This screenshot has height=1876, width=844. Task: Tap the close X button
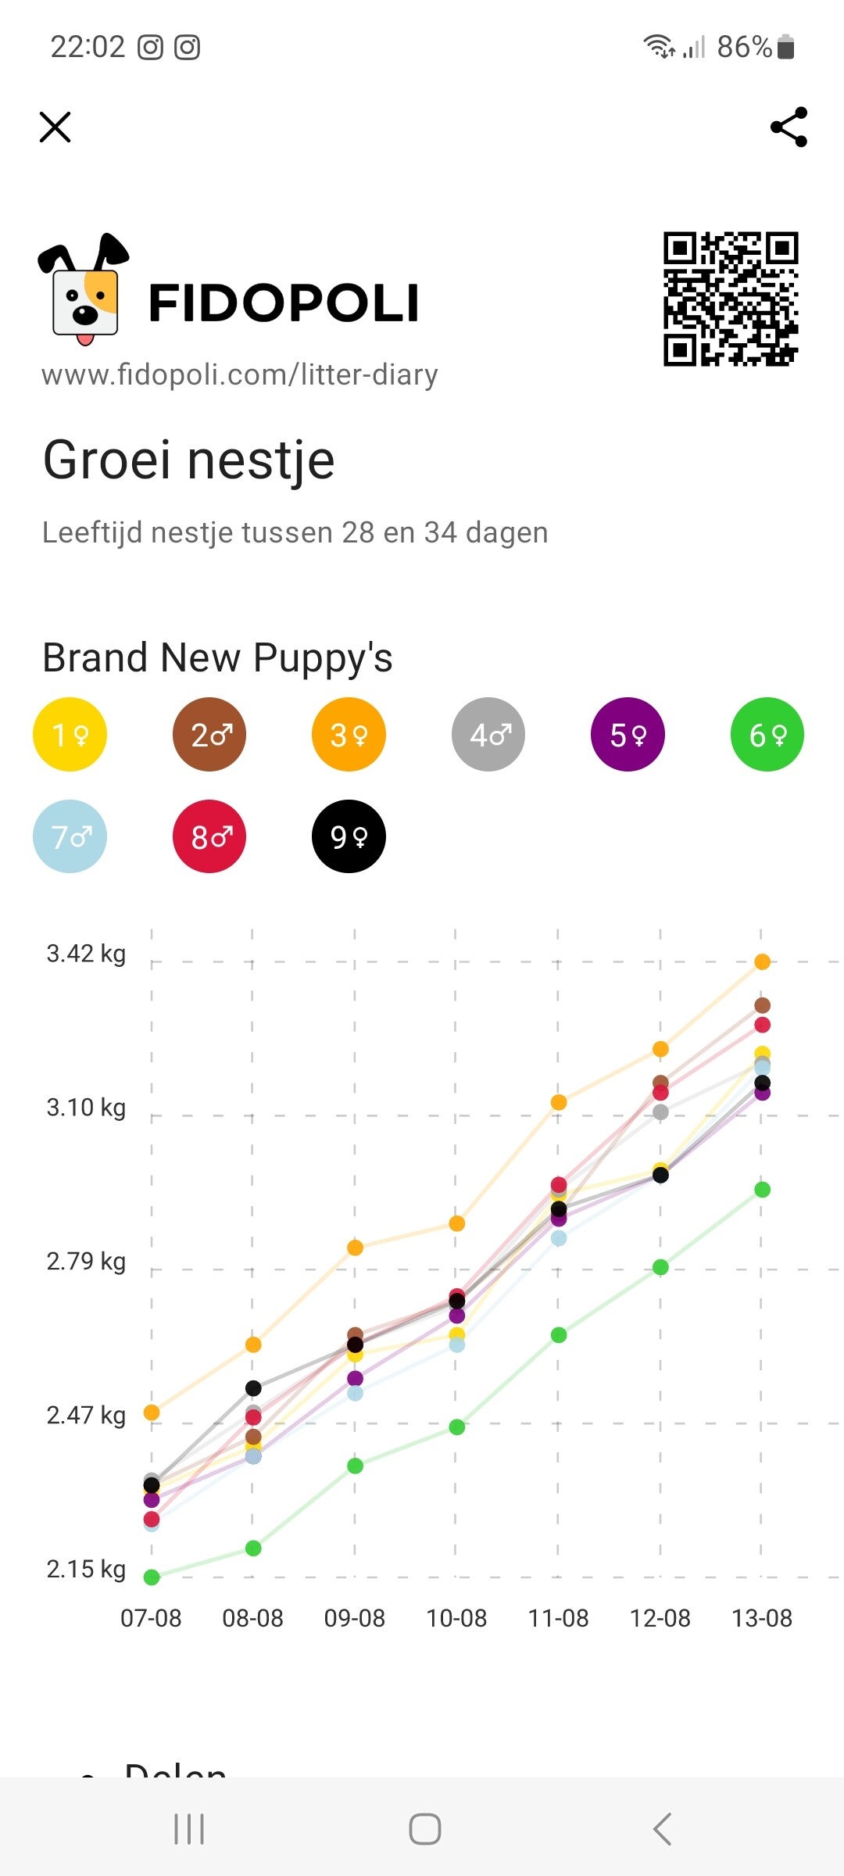tap(55, 127)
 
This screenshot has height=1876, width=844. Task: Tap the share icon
tap(789, 127)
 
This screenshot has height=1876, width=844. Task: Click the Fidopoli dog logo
tap(84, 289)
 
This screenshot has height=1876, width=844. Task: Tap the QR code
tap(731, 299)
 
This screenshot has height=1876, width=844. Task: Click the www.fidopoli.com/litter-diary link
tap(239, 375)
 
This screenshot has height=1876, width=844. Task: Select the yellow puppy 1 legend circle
tap(70, 734)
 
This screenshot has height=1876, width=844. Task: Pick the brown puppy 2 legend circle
tap(209, 734)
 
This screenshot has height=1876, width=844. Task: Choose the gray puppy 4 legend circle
tap(488, 734)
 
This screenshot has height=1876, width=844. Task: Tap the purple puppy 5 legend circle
tap(628, 734)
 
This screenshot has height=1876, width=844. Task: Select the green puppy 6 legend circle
tap(767, 734)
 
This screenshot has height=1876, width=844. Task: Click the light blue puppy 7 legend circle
tap(70, 836)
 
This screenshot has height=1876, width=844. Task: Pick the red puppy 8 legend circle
tap(209, 836)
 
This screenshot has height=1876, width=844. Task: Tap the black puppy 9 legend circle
tap(349, 836)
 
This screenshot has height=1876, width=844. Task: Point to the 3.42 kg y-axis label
tap(86, 954)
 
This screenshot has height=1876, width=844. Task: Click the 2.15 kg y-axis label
tap(86, 1569)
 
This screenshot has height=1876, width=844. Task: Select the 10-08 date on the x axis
tap(456, 1618)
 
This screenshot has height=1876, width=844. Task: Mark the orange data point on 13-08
tap(762, 961)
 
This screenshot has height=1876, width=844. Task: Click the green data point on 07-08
tap(152, 1577)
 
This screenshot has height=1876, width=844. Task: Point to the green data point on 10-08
tap(457, 1427)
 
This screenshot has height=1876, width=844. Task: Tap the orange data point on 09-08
tap(355, 1248)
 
